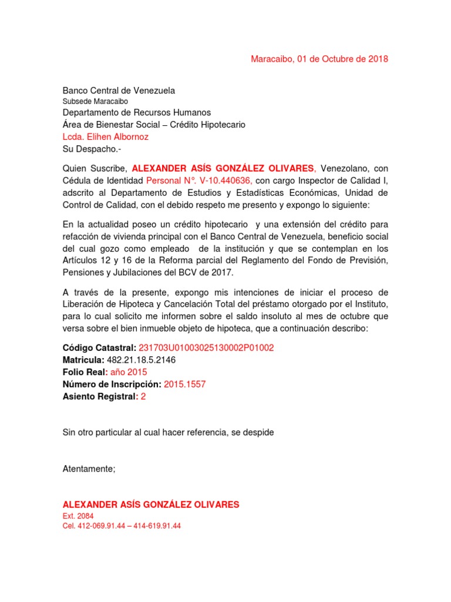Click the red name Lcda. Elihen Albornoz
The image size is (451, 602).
(x=106, y=137)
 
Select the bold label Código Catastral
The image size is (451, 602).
(x=99, y=347)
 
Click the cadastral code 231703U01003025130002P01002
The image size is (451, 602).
(x=206, y=347)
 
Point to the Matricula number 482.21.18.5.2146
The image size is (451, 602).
(x=142, y=360)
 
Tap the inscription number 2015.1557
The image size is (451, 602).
(x=185, y=384)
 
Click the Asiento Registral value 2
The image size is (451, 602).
(x=143, y=396)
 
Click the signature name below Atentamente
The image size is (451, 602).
(x=151, y=504)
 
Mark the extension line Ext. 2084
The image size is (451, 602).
(x=78, y=516)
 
